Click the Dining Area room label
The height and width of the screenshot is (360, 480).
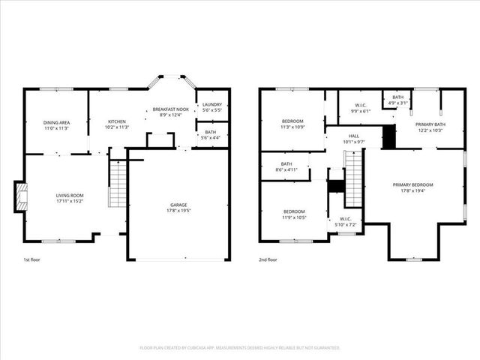point(56,124)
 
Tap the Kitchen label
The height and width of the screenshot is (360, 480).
point(117,124)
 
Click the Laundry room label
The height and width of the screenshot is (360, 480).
point(212,106)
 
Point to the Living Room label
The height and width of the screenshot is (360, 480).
point(69,198)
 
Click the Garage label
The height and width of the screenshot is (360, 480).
point(178,208)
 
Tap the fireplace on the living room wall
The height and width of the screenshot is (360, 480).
point(22,196)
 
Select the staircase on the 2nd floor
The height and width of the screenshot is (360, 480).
point(353,178)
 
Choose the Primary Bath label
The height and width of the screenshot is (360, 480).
point(430,127)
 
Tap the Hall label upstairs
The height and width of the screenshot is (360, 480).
point(353,139)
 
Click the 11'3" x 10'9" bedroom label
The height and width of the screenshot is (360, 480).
point(292,124)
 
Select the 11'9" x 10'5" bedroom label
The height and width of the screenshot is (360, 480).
point(294,214)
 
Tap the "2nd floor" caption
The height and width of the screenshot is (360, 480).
point(268,259)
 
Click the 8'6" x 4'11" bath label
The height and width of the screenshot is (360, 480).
point(286,167)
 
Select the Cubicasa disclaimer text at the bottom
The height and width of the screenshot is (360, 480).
point(240,348)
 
